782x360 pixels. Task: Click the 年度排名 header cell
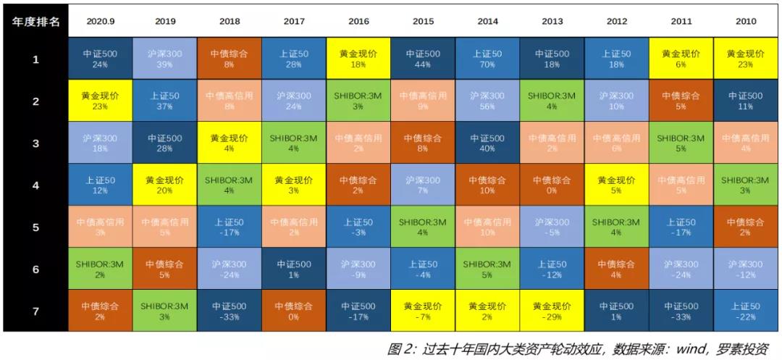pyautogui.click(x=35, y=22)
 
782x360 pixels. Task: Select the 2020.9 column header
pyautogui.click(x=101, y=22)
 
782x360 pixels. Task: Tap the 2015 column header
pyautogui.click(x=423, y=22)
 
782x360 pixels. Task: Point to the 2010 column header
pyautogui.click(x=746, y=22)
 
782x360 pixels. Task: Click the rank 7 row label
pyautogui.click(x=35, y=311)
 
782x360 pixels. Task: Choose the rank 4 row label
pyautogui.click(x=35, y=185)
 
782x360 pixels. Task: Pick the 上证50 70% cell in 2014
pyautogui.click(x=487, y=59)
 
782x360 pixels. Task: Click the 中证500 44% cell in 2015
pyautogui.click(x=423, y=59)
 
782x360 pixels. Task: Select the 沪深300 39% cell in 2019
pyautogui.click(x=165, y=59)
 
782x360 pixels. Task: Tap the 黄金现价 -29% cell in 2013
pyautogui.click(x=552, y=311)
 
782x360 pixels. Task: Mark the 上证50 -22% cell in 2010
pyautogui.click(x=746, y=311)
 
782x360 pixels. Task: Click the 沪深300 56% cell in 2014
pyautogui.click(x=487, y=101)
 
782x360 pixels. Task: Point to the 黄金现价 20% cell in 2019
pyautogui.click(x=165, y=185)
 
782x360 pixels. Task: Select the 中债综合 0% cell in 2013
pyautogui.click(x=552, y=185)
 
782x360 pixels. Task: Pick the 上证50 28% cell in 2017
pyautogui.click(x=294, y=59)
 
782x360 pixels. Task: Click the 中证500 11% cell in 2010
pyautogui.click(x=746, y=101)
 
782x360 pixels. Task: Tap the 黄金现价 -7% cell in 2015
pyautogui.click(x=423, y=311)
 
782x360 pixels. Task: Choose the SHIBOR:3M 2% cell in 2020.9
pyautogui.click(x=101, y=269)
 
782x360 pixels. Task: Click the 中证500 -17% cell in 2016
pyautogui.click(x=358, y=311)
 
